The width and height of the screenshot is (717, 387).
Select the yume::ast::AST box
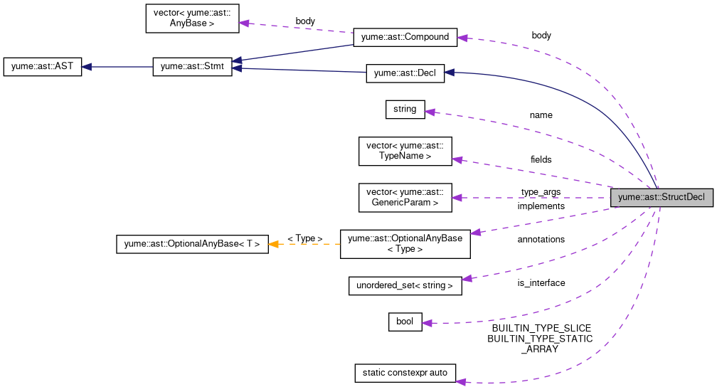click(43, 68)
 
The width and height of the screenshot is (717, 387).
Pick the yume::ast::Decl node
click(405, 73)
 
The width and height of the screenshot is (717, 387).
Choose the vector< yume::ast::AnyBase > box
click(192, 18)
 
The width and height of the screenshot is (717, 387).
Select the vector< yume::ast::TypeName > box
click(405, 151)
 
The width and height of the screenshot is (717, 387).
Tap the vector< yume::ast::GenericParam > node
click(405, 197)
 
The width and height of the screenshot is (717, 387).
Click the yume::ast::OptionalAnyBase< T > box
click(192, 244)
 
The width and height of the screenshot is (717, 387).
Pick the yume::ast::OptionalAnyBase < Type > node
click(405, 244)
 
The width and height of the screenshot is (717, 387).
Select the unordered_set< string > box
click(405, 286)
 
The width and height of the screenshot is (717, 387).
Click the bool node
click(405, 322)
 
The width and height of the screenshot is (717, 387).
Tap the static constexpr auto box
click(405, 373)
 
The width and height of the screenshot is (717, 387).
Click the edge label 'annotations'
click(541, 240)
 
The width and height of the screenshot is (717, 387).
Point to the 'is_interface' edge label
click(541, 283)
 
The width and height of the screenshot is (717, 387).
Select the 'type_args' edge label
click(541, 192)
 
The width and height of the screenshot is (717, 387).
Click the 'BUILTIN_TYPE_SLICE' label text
click(541, 329)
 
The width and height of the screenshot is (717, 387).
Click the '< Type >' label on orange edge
click(304, 238)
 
